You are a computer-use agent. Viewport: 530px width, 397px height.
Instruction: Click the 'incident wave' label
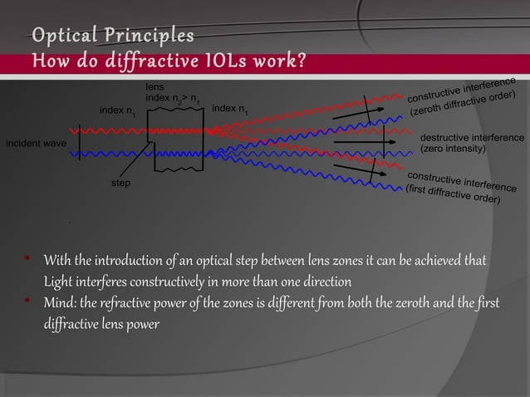36,144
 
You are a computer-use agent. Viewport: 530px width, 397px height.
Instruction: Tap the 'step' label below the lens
121,181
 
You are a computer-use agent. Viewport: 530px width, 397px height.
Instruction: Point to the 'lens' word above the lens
155,86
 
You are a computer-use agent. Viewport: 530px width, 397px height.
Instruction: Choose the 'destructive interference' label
472,137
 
